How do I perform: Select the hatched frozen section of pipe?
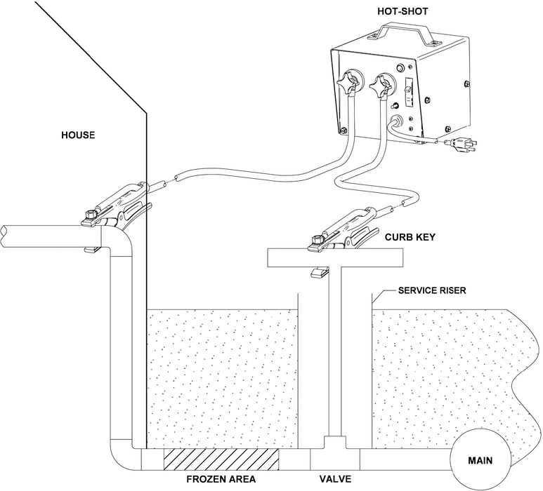pyautogui.click(x=221, y=460)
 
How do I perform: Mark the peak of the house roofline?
pyautogui.click(x=145, y=115)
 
